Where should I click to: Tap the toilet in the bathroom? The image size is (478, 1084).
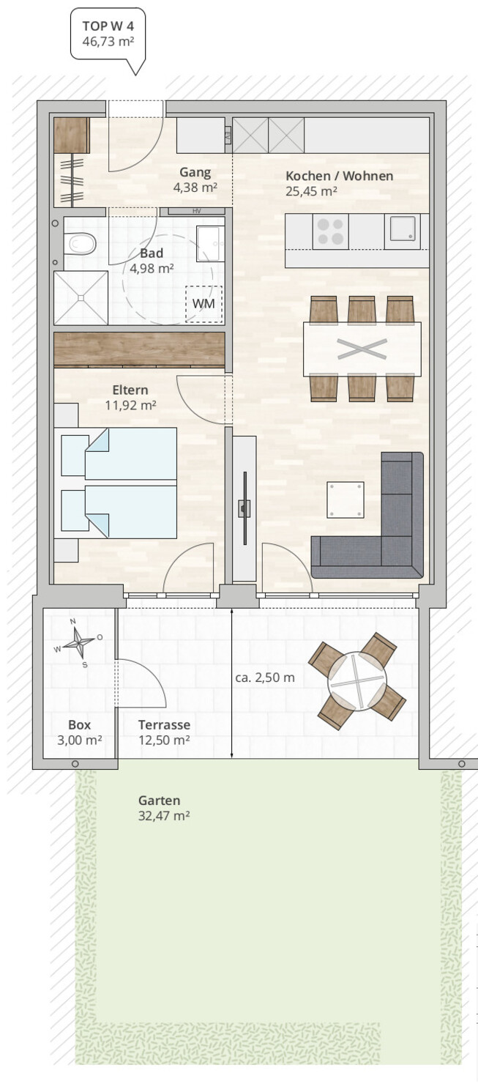tap(79, 244)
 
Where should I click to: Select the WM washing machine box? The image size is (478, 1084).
tap(203, 304)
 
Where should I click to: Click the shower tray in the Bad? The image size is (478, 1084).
tap(81, 297)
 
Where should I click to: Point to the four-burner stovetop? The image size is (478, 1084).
tap(330, 231)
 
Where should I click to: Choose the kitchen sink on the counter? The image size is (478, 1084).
tap(403, 231)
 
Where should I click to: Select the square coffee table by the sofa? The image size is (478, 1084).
tap(346, 500)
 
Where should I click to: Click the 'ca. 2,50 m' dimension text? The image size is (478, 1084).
tap(265, 677)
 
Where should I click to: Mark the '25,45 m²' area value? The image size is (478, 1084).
tap(311, 191)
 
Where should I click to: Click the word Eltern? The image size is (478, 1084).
tap(130, 390)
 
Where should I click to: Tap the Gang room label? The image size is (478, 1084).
tap(195, 173)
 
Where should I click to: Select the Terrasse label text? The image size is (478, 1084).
tap(164, 725)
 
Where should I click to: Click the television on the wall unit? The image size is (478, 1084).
tap(244, 508)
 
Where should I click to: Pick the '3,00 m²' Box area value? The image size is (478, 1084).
tap(79, 740)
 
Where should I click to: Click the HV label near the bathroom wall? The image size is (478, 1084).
tap(196, 212)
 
